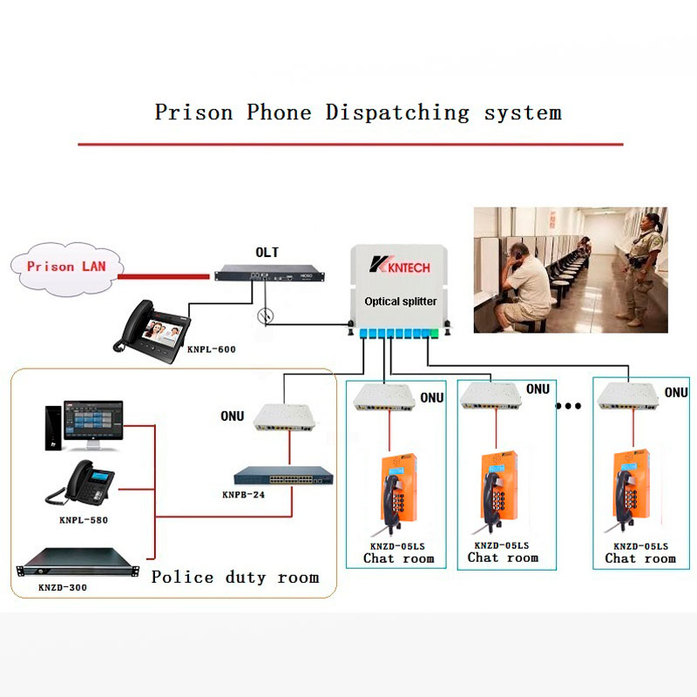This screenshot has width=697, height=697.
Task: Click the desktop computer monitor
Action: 91,423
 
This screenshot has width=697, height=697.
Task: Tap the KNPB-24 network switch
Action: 283,476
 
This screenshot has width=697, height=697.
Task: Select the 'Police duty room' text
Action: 235,577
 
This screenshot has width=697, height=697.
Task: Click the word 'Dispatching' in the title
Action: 397,112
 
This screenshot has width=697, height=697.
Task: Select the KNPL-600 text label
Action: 212,348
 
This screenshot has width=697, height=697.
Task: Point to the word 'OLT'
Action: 267,253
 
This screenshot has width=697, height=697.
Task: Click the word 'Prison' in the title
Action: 194,112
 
